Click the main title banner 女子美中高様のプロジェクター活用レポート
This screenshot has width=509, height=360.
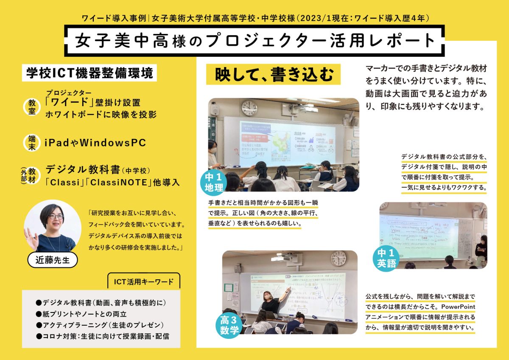click(x=255, y=41)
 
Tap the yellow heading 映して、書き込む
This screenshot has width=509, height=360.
click(x=274, y=75)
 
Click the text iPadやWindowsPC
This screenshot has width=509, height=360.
click(x=95, y=143)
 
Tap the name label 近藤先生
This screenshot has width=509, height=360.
click(x=53, y=260)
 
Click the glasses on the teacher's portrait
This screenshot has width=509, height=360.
click(x=55, y=217)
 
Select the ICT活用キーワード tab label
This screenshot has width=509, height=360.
click(x=144, y=281)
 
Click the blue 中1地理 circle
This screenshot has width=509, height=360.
click(x=214, y=182)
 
